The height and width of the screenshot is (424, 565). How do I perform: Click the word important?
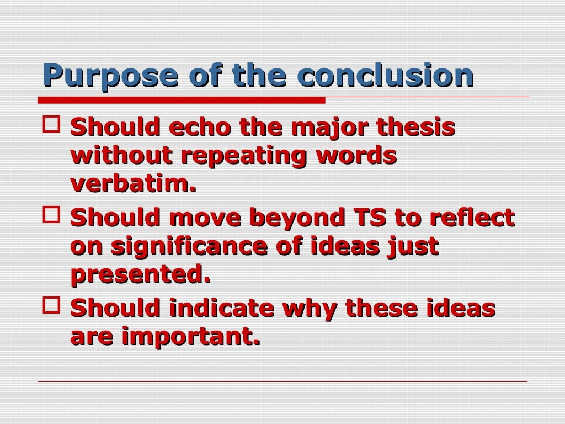[x=190, y=337]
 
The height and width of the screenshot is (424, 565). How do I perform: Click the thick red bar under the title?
[x=182, y=100]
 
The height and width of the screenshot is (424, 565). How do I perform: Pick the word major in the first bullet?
[x=329, y=129]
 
